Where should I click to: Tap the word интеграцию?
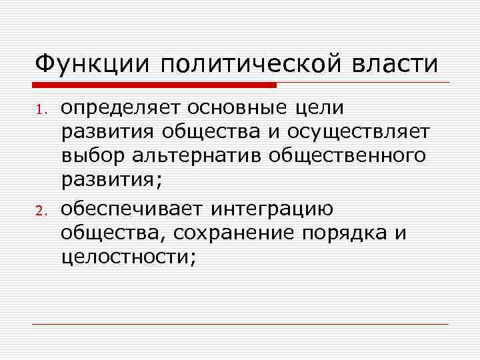(273, 211)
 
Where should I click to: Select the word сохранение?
(250, 234)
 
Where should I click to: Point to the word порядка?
(353, 234)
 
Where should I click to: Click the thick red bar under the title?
(154, 85)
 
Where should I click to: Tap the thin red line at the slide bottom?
(240, 325)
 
